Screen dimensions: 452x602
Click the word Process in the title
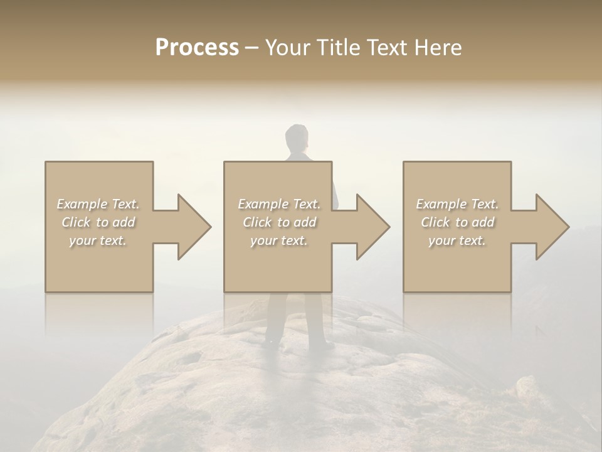197,48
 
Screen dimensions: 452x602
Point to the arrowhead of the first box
191,227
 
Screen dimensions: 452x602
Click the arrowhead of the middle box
370,227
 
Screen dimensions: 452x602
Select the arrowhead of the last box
549,227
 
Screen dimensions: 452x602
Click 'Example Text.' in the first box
98,204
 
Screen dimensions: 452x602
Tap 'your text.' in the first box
98,240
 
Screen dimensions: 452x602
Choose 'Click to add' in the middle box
279,222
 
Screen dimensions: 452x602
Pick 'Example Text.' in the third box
457,204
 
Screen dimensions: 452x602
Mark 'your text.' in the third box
457,240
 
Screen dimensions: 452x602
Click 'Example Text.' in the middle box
279,204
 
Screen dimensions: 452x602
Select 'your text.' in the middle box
279,240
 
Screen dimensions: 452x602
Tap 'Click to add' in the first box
98,222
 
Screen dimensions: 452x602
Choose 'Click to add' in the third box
457,222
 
